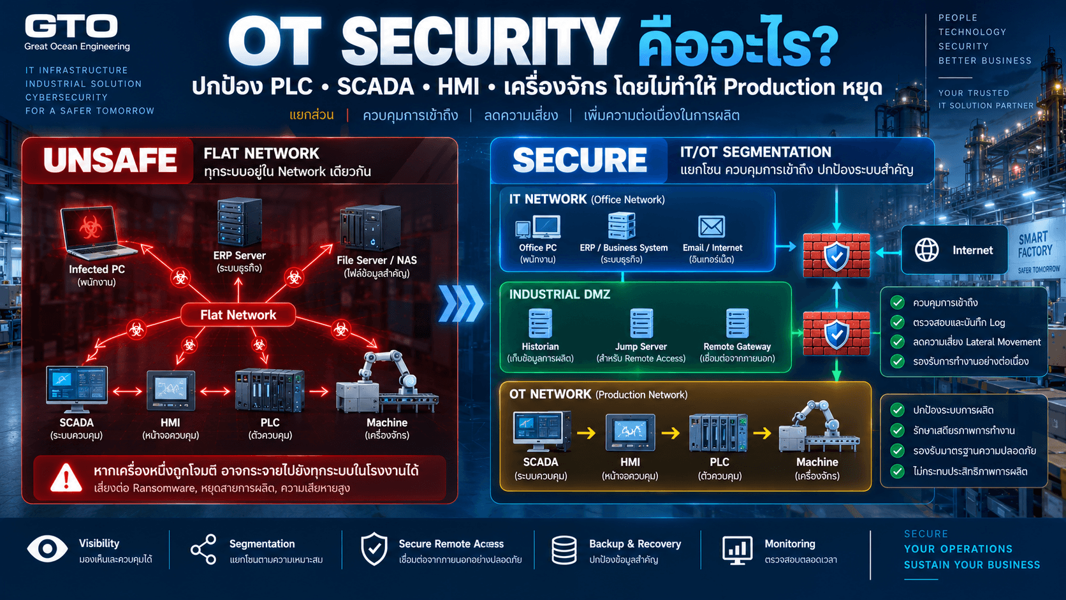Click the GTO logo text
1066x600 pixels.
pos(71,26)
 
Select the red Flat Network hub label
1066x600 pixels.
pos(238,315)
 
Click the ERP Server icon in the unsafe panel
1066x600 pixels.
pos(239,222)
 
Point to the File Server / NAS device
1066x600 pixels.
pos(370,228)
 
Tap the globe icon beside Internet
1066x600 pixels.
pos(926,250)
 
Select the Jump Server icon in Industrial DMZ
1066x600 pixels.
pos(641,323)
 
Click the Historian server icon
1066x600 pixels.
pos(540,323)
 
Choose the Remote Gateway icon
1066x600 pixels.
pos(737,323)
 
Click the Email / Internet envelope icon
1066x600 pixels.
pos(712,226)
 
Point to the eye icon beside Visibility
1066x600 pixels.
pos(47,548)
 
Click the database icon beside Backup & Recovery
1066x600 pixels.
pos(564,550)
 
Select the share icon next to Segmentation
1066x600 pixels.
pos(203,550)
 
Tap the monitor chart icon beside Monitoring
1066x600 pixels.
pos(737,550)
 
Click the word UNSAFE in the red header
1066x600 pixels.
pos(110,160)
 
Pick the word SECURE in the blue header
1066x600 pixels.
pos(580,160)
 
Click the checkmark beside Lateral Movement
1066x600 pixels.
pos(897,342)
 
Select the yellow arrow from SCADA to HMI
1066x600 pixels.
pos(586,433)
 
